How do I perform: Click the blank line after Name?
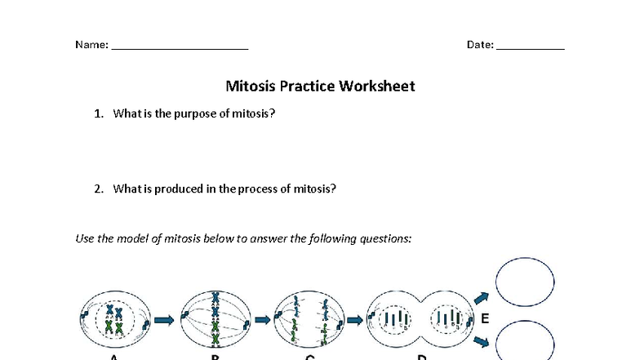point(180,47)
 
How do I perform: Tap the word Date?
point(479,45)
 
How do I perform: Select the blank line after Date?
point(531,47)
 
